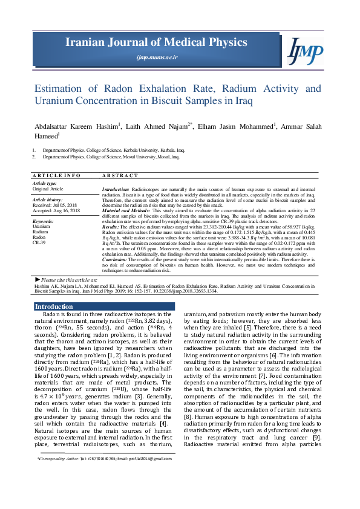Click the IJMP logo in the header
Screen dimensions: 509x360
coord(306,51)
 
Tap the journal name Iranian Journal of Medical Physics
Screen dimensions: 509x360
coord(157,42)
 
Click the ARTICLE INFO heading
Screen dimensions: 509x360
coord(56,175)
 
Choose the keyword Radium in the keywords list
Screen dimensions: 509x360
coord(41,231)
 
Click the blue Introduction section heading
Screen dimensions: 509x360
coord(54,307)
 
